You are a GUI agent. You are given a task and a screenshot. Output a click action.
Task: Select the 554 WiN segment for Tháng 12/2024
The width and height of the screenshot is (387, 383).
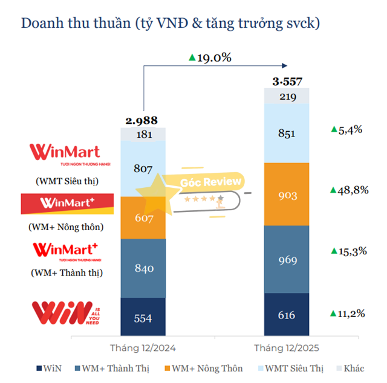tap(143, 317)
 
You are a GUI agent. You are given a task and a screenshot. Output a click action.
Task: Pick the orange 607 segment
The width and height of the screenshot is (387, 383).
tap(143, 217)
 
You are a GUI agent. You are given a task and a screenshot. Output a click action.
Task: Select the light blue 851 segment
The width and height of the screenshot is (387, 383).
tap(287, 133)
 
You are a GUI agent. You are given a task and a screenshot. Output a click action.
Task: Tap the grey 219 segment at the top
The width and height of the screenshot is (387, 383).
tap(287, 96)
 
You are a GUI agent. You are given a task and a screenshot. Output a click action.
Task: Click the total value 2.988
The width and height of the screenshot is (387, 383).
tap(143, 121)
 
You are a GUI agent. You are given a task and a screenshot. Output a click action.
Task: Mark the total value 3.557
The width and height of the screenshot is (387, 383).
tap(287, 82)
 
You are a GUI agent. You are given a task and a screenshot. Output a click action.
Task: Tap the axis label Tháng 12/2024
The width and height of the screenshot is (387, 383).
tap(143, 348)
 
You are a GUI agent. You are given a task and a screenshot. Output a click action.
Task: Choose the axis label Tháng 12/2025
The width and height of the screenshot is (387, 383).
tap(287, 348)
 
